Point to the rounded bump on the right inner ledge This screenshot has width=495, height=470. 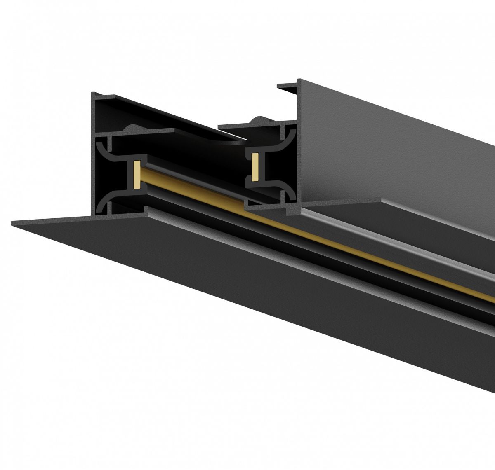coord(259,119)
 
